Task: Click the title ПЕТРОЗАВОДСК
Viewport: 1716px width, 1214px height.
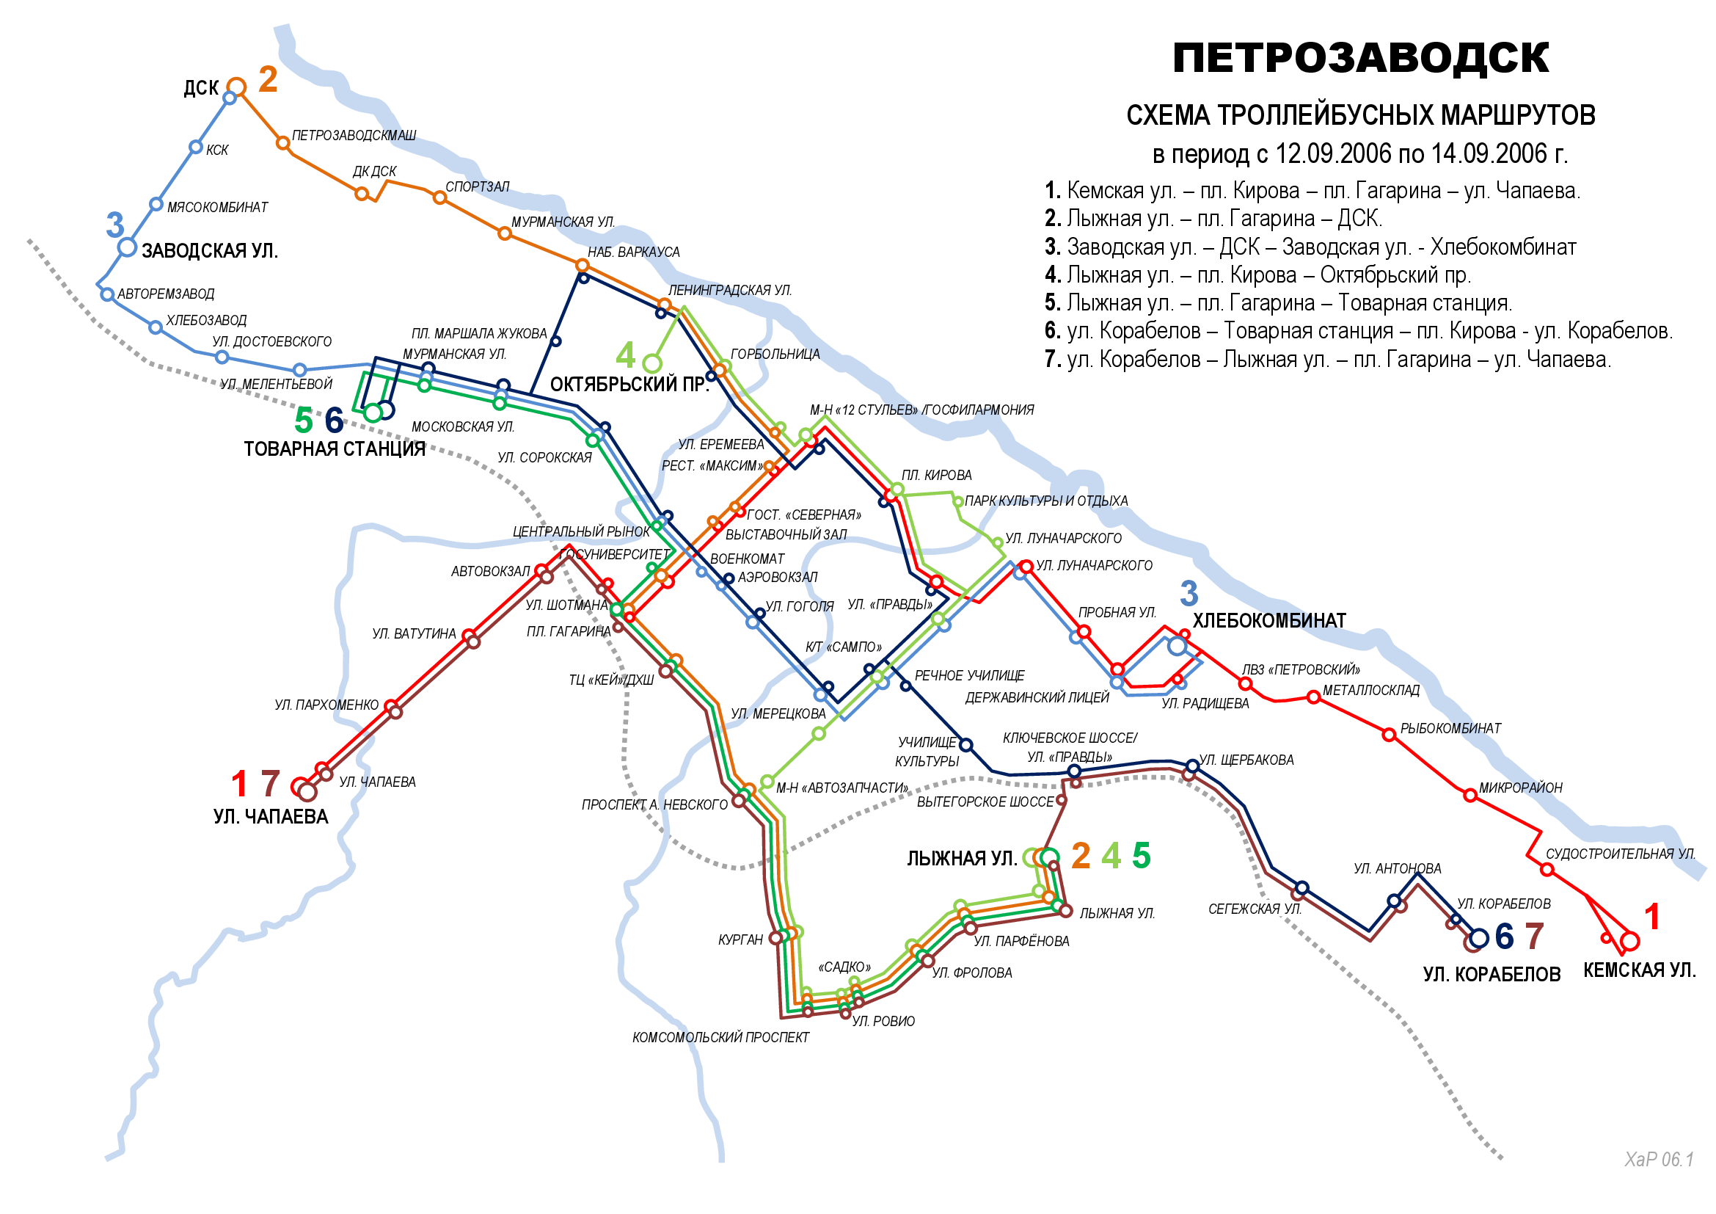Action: [1360, 58]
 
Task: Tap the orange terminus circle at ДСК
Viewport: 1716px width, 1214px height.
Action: [236, 87]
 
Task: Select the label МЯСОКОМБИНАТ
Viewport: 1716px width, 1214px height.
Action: [216, 208]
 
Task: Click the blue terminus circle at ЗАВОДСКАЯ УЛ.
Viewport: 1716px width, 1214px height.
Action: [128, 247]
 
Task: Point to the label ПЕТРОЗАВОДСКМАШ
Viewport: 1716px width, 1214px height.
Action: [354, 136]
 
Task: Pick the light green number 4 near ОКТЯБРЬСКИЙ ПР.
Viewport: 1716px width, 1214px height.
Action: [625, 356]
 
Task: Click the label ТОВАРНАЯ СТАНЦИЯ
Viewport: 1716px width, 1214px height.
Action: [334, 449]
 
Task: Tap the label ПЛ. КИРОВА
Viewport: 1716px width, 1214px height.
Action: [935, 476]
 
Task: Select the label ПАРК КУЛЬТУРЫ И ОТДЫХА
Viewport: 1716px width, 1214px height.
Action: [1045, 501]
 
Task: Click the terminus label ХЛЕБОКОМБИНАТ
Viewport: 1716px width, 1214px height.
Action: [1269, 621]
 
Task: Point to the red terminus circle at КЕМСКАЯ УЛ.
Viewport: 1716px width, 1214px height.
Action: [1630, 941]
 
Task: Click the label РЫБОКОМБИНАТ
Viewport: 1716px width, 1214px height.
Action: [1450, 729]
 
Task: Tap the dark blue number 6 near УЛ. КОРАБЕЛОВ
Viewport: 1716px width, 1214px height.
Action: [1505, 937]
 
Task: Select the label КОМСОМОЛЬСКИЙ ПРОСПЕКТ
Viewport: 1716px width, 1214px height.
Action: [720, 1038]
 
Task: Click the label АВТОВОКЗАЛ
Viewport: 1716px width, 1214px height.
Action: [490, 572]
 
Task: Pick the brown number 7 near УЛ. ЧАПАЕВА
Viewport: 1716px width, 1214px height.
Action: [270, 784]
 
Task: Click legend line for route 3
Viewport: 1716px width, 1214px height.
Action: [1310, 247]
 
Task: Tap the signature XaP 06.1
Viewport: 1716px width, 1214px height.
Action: [1659, 1160]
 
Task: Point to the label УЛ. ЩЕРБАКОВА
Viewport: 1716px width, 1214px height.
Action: [1246, 760]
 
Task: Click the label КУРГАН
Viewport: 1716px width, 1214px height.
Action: [740, 940]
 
